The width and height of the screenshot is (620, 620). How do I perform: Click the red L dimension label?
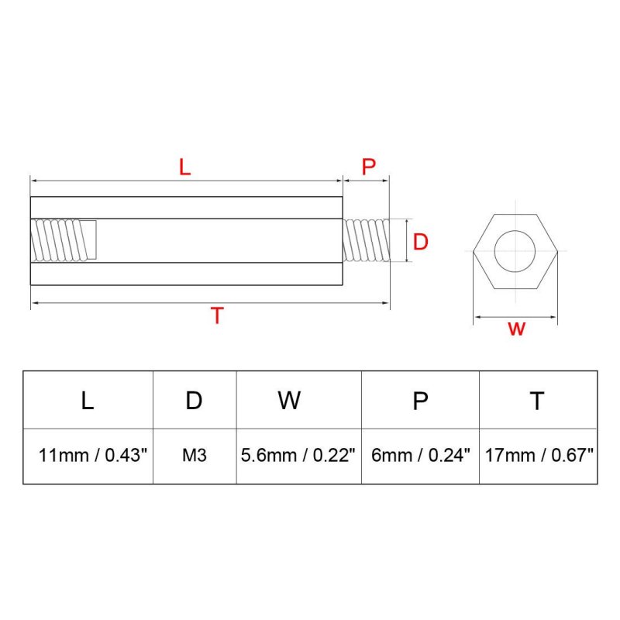pyautogui.click(x=184, y=167)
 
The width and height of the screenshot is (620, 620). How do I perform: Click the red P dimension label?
pyautogui.click(x=369, y=167)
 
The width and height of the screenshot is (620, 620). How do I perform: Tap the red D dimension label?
pyautogui.click(x=420, y=242)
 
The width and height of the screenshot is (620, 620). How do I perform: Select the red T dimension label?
pyautogui.click(x=217, y=315)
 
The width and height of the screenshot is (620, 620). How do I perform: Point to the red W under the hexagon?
pyautogui.click(x=516, y=329)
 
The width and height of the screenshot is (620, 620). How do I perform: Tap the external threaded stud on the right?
pyautogui.click(x=366, y=240)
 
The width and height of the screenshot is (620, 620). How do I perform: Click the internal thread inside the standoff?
pyautogui.click(x=64, y=240)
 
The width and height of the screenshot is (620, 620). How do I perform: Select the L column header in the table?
pyautogui.click(x=88, y=401)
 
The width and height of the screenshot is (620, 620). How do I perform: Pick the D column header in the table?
pyautogui.click(x=194, y=401)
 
